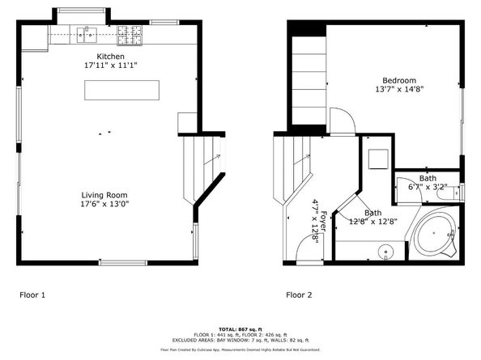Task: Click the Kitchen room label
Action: [110, 56]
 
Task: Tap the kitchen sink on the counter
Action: [87, 34]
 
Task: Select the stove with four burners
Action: [127, 35]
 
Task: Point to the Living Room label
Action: [104, 195]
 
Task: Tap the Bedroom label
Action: [399, 80]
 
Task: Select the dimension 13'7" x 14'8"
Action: [399, 90]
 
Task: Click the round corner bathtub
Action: [436, 235]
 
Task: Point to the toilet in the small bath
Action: [455, 192]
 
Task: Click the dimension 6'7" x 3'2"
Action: [427, 188]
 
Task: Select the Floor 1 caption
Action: [32, 294]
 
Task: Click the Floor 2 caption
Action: [299, 294]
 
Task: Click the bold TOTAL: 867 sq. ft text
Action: [240, 328]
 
